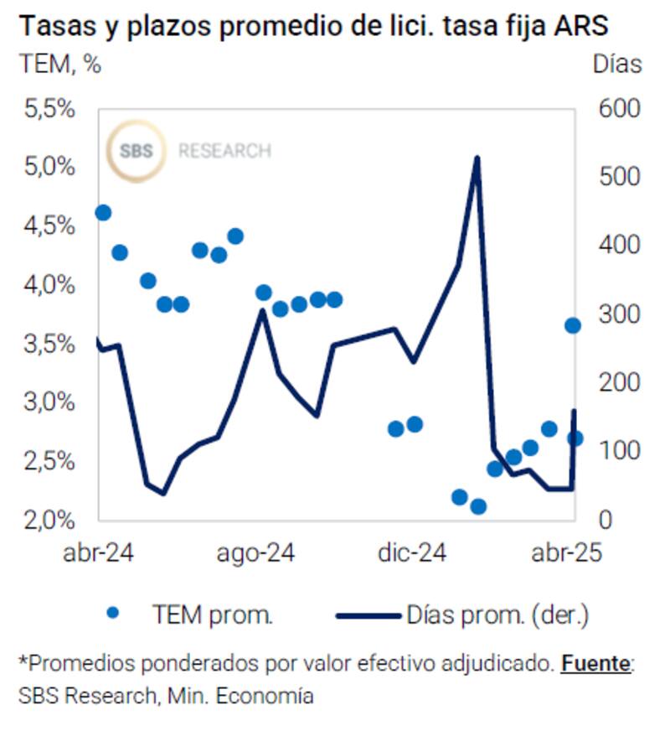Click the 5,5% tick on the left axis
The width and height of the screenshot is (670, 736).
pos(51,109)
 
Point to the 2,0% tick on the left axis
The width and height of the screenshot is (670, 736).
pos(51,520)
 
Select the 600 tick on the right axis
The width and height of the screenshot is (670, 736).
pos(618,109)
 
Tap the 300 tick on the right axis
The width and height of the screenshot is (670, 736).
pos(618,314)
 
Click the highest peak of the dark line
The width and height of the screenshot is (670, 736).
pos(477,158)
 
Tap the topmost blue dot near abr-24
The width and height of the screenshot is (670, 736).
pos(103,213)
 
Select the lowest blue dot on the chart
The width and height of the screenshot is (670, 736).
pos(478,506)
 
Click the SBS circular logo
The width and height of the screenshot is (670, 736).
pos(136,152)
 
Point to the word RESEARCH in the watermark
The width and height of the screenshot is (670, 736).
pos(224,152)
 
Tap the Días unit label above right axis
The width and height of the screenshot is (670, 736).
pos(616,64)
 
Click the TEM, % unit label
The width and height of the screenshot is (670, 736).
pos(59,65)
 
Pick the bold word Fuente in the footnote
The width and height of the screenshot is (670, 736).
pos(595,664)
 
